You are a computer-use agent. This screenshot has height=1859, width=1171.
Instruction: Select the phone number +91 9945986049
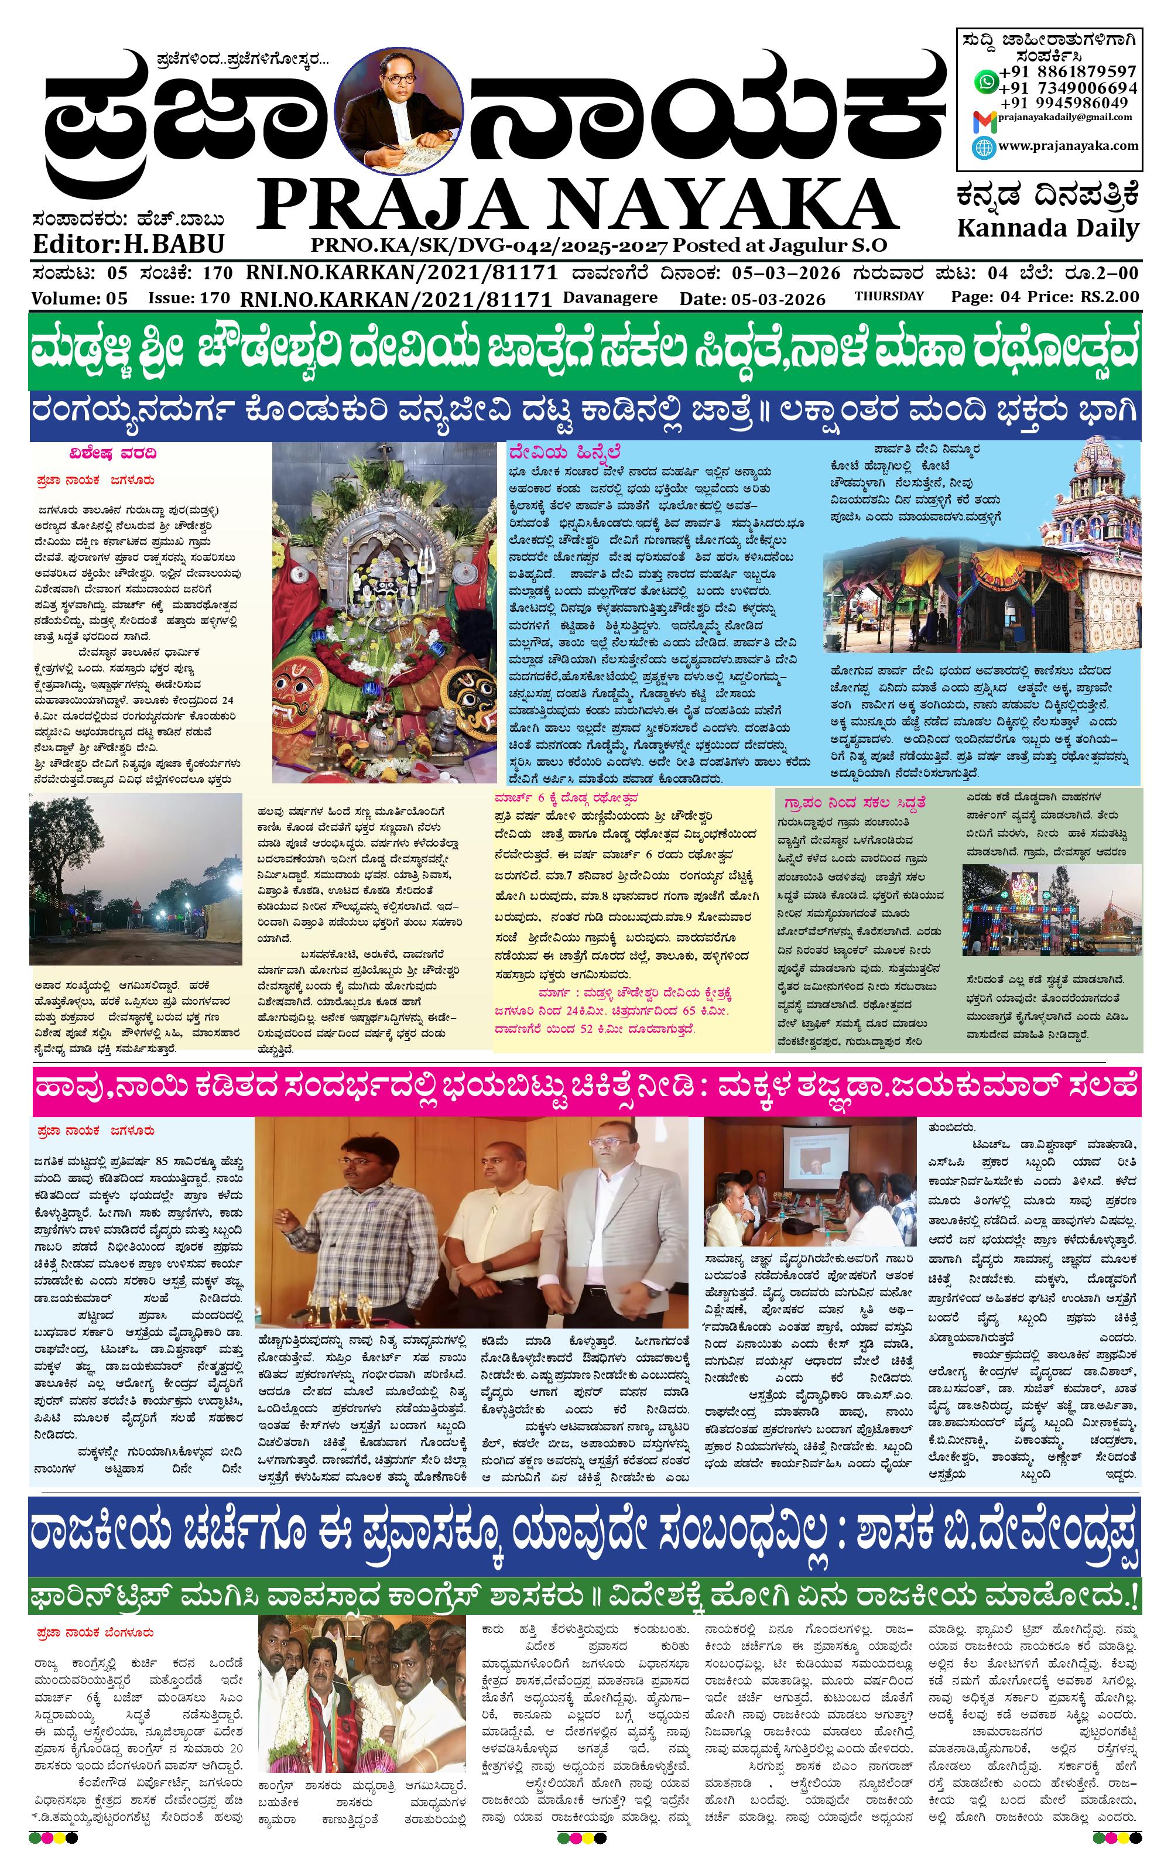(x=1069, y=102)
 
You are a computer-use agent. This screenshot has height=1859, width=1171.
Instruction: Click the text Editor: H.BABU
(x=128, y=244)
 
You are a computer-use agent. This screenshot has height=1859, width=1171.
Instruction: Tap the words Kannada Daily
(x=1047, y=228)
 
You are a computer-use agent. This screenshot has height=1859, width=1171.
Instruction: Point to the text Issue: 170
(x=189, y=298)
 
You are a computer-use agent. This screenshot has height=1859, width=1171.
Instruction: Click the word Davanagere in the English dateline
(x=610, y=297)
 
